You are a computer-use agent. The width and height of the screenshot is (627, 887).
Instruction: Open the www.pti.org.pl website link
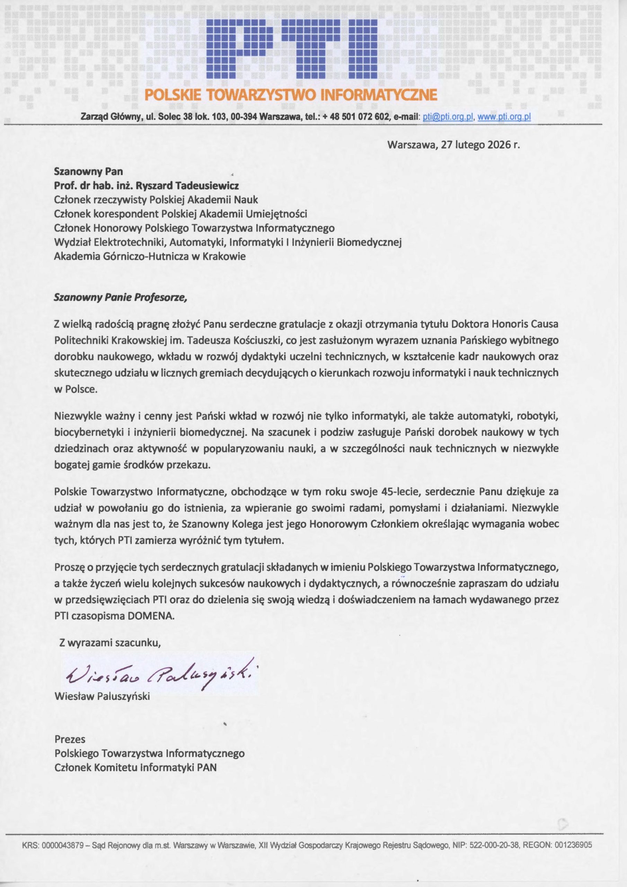[x=504, y=117]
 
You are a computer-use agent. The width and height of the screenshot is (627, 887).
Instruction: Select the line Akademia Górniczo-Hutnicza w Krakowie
[x=150, y=256]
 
